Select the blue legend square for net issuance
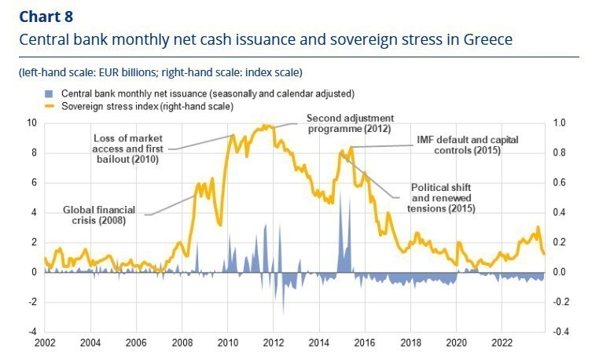[47, 93]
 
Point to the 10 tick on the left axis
[31, 123]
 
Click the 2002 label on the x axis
[45, 343]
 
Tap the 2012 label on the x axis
[274, 343]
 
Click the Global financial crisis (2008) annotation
[100, 215]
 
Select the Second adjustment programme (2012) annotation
[350, 123]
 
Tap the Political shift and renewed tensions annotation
[444, 199]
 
